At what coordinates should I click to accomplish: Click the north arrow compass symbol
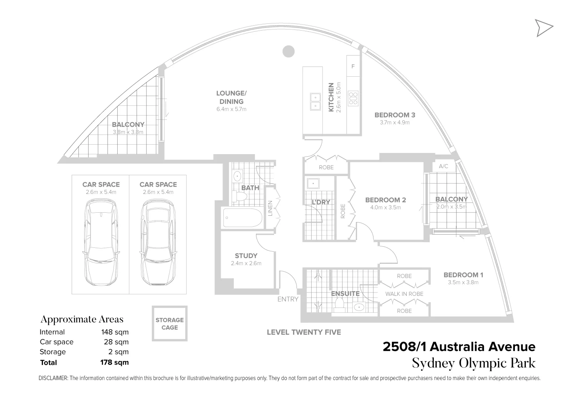pyautogui.click(x=544, y=28)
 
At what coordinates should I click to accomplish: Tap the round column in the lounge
pyautogui.click(x=288, y=51)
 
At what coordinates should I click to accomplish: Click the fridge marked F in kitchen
pyautogui.click(x=353, y=66)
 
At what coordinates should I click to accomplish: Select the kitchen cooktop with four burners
pyautogui.click(x=353, y=98)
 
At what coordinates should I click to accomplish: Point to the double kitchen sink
pyautogui.click(x=315, y=102)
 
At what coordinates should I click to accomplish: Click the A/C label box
pyautogui.click(x=444, y=166)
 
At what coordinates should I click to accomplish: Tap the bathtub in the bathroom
pyautogui.click(x=242, y=218)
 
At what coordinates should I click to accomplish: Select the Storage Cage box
pyautogui.click(x=169, y=323)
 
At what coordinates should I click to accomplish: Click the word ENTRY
pyautogui.click(x=288, y=299)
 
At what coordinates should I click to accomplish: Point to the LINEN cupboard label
pyautogui.click(x=270, y=208)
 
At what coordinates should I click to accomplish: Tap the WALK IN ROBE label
pyautogui.click(x=404, y=294)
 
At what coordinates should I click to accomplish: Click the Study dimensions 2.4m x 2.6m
pyautogui.click(x=246, y=263)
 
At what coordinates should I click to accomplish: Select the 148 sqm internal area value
pyautogui.click(x=115, y=332)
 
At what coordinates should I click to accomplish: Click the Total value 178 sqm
pyautogui.click(x=114, y=362)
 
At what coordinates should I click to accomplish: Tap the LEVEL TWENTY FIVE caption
pyautogui.click(x=304, y=332)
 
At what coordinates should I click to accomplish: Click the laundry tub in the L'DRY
pyautogui.click(x=313, y=184)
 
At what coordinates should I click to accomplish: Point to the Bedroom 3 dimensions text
pyautogui.click(x=395, y=122)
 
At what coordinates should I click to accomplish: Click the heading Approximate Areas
pyautogui.click(x=82, y=319)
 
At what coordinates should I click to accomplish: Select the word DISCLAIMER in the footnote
pyautogui.click(x=53, y=378)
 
